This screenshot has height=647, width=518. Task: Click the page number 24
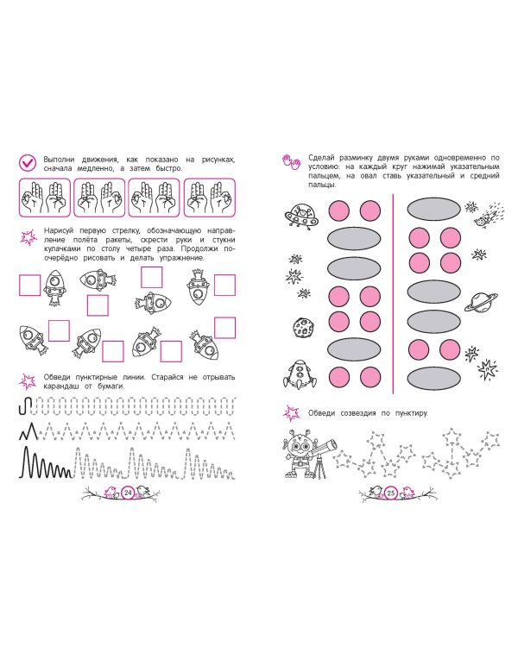[128, 493]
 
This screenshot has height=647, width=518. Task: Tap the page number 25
[391, 493]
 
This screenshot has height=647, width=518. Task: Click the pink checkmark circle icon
[28, 163]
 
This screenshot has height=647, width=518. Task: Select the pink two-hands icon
[292, 162]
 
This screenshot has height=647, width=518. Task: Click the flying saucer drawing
[301, 216]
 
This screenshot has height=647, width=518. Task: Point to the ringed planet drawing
[481, 303]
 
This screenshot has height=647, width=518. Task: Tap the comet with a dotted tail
[489, 215]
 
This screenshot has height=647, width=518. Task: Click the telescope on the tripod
[324, 457]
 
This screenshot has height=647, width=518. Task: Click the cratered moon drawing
[303, 327]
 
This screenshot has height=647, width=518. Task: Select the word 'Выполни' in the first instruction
[59, 160]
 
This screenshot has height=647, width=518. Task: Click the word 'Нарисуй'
[59, 230]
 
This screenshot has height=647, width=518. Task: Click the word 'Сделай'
[321, 158]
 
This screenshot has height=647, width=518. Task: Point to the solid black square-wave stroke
[26, 406]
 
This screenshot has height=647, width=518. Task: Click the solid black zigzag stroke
[28, 431]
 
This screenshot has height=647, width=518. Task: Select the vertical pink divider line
[393, 294]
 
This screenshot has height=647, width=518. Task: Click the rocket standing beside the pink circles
[300, 374]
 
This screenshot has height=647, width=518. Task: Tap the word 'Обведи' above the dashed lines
[57, 377]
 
